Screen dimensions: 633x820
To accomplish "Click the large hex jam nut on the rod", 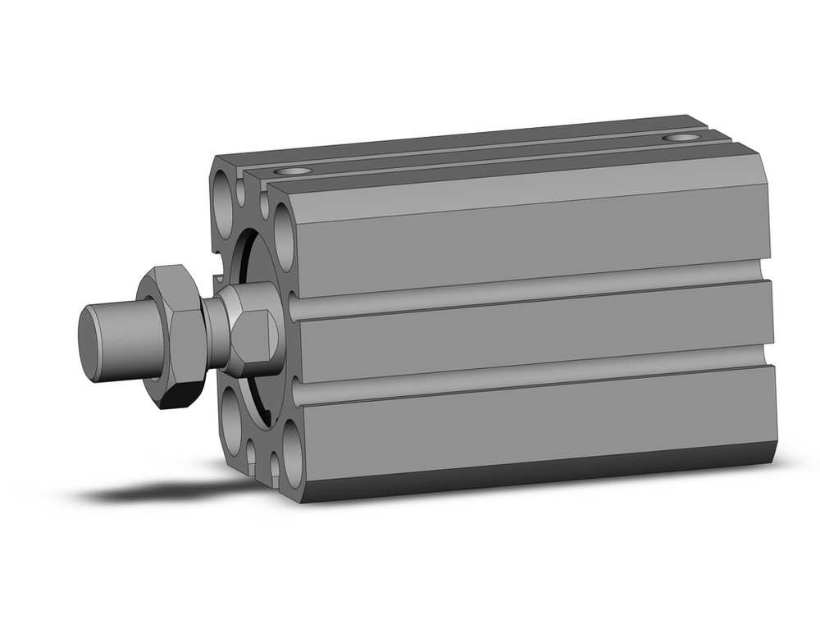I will pyautogui.click(x=174, y=336).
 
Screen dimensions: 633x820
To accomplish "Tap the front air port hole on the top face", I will pyautogui.click(x=293, y=172).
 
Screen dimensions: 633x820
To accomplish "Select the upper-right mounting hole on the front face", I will pyautogui.click(x=284, y=238).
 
